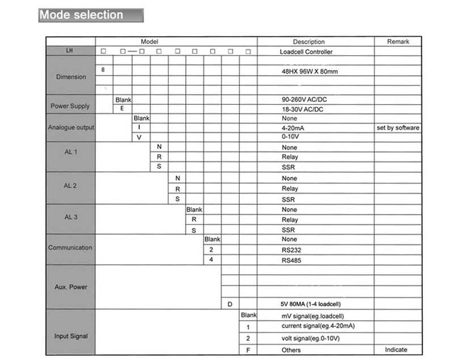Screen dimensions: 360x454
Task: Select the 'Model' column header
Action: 149,42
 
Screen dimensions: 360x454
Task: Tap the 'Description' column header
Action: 308,42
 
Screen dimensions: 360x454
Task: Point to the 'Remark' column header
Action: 398,42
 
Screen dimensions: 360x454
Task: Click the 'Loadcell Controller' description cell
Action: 306,52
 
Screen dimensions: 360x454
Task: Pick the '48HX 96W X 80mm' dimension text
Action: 309,72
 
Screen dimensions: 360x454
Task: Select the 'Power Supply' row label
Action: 70,106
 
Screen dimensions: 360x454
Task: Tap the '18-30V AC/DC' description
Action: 302,109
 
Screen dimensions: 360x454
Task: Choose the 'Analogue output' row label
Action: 71,128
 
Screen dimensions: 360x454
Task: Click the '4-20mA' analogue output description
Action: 294,128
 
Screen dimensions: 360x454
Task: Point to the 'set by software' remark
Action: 398,128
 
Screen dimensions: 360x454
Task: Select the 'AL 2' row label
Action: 70,186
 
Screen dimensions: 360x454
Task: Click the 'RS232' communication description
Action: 292,250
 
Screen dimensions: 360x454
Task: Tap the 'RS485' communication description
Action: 292,260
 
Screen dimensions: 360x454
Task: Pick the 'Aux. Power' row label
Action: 70,287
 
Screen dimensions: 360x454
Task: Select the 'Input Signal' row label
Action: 70,336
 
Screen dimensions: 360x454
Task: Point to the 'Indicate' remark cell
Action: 396,350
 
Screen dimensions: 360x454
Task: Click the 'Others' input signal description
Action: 292,350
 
